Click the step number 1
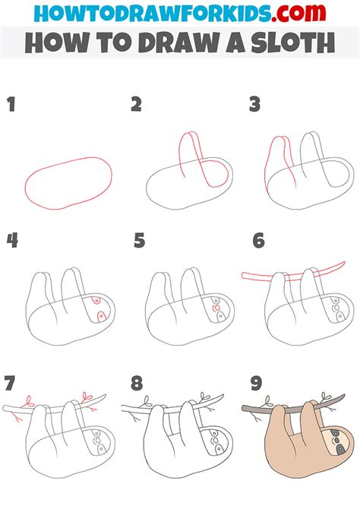(11, 104)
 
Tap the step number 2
(137, 104)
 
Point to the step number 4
(12, 241)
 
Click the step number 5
(138, 241)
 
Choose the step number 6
(259, 241)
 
